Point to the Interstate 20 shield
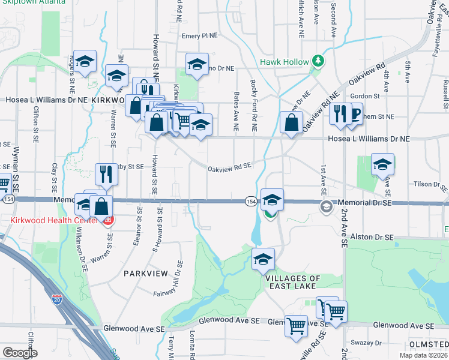click(x=57, y=298)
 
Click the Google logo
click(x=20, y=353)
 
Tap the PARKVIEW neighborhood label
click(x=145, y=273)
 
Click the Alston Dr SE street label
click(x=373, y=238)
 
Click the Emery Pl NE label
click(x=199, y=36)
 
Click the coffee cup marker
click(x=354, y=113)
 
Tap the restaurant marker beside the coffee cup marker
click(x=340, y=113)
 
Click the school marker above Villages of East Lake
click(x=263, y=259)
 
